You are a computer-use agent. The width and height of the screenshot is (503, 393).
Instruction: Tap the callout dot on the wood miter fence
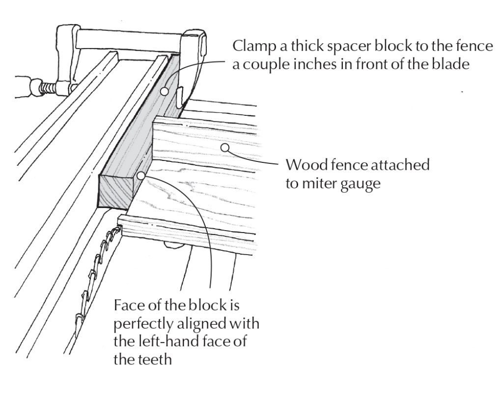coord(225,146)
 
